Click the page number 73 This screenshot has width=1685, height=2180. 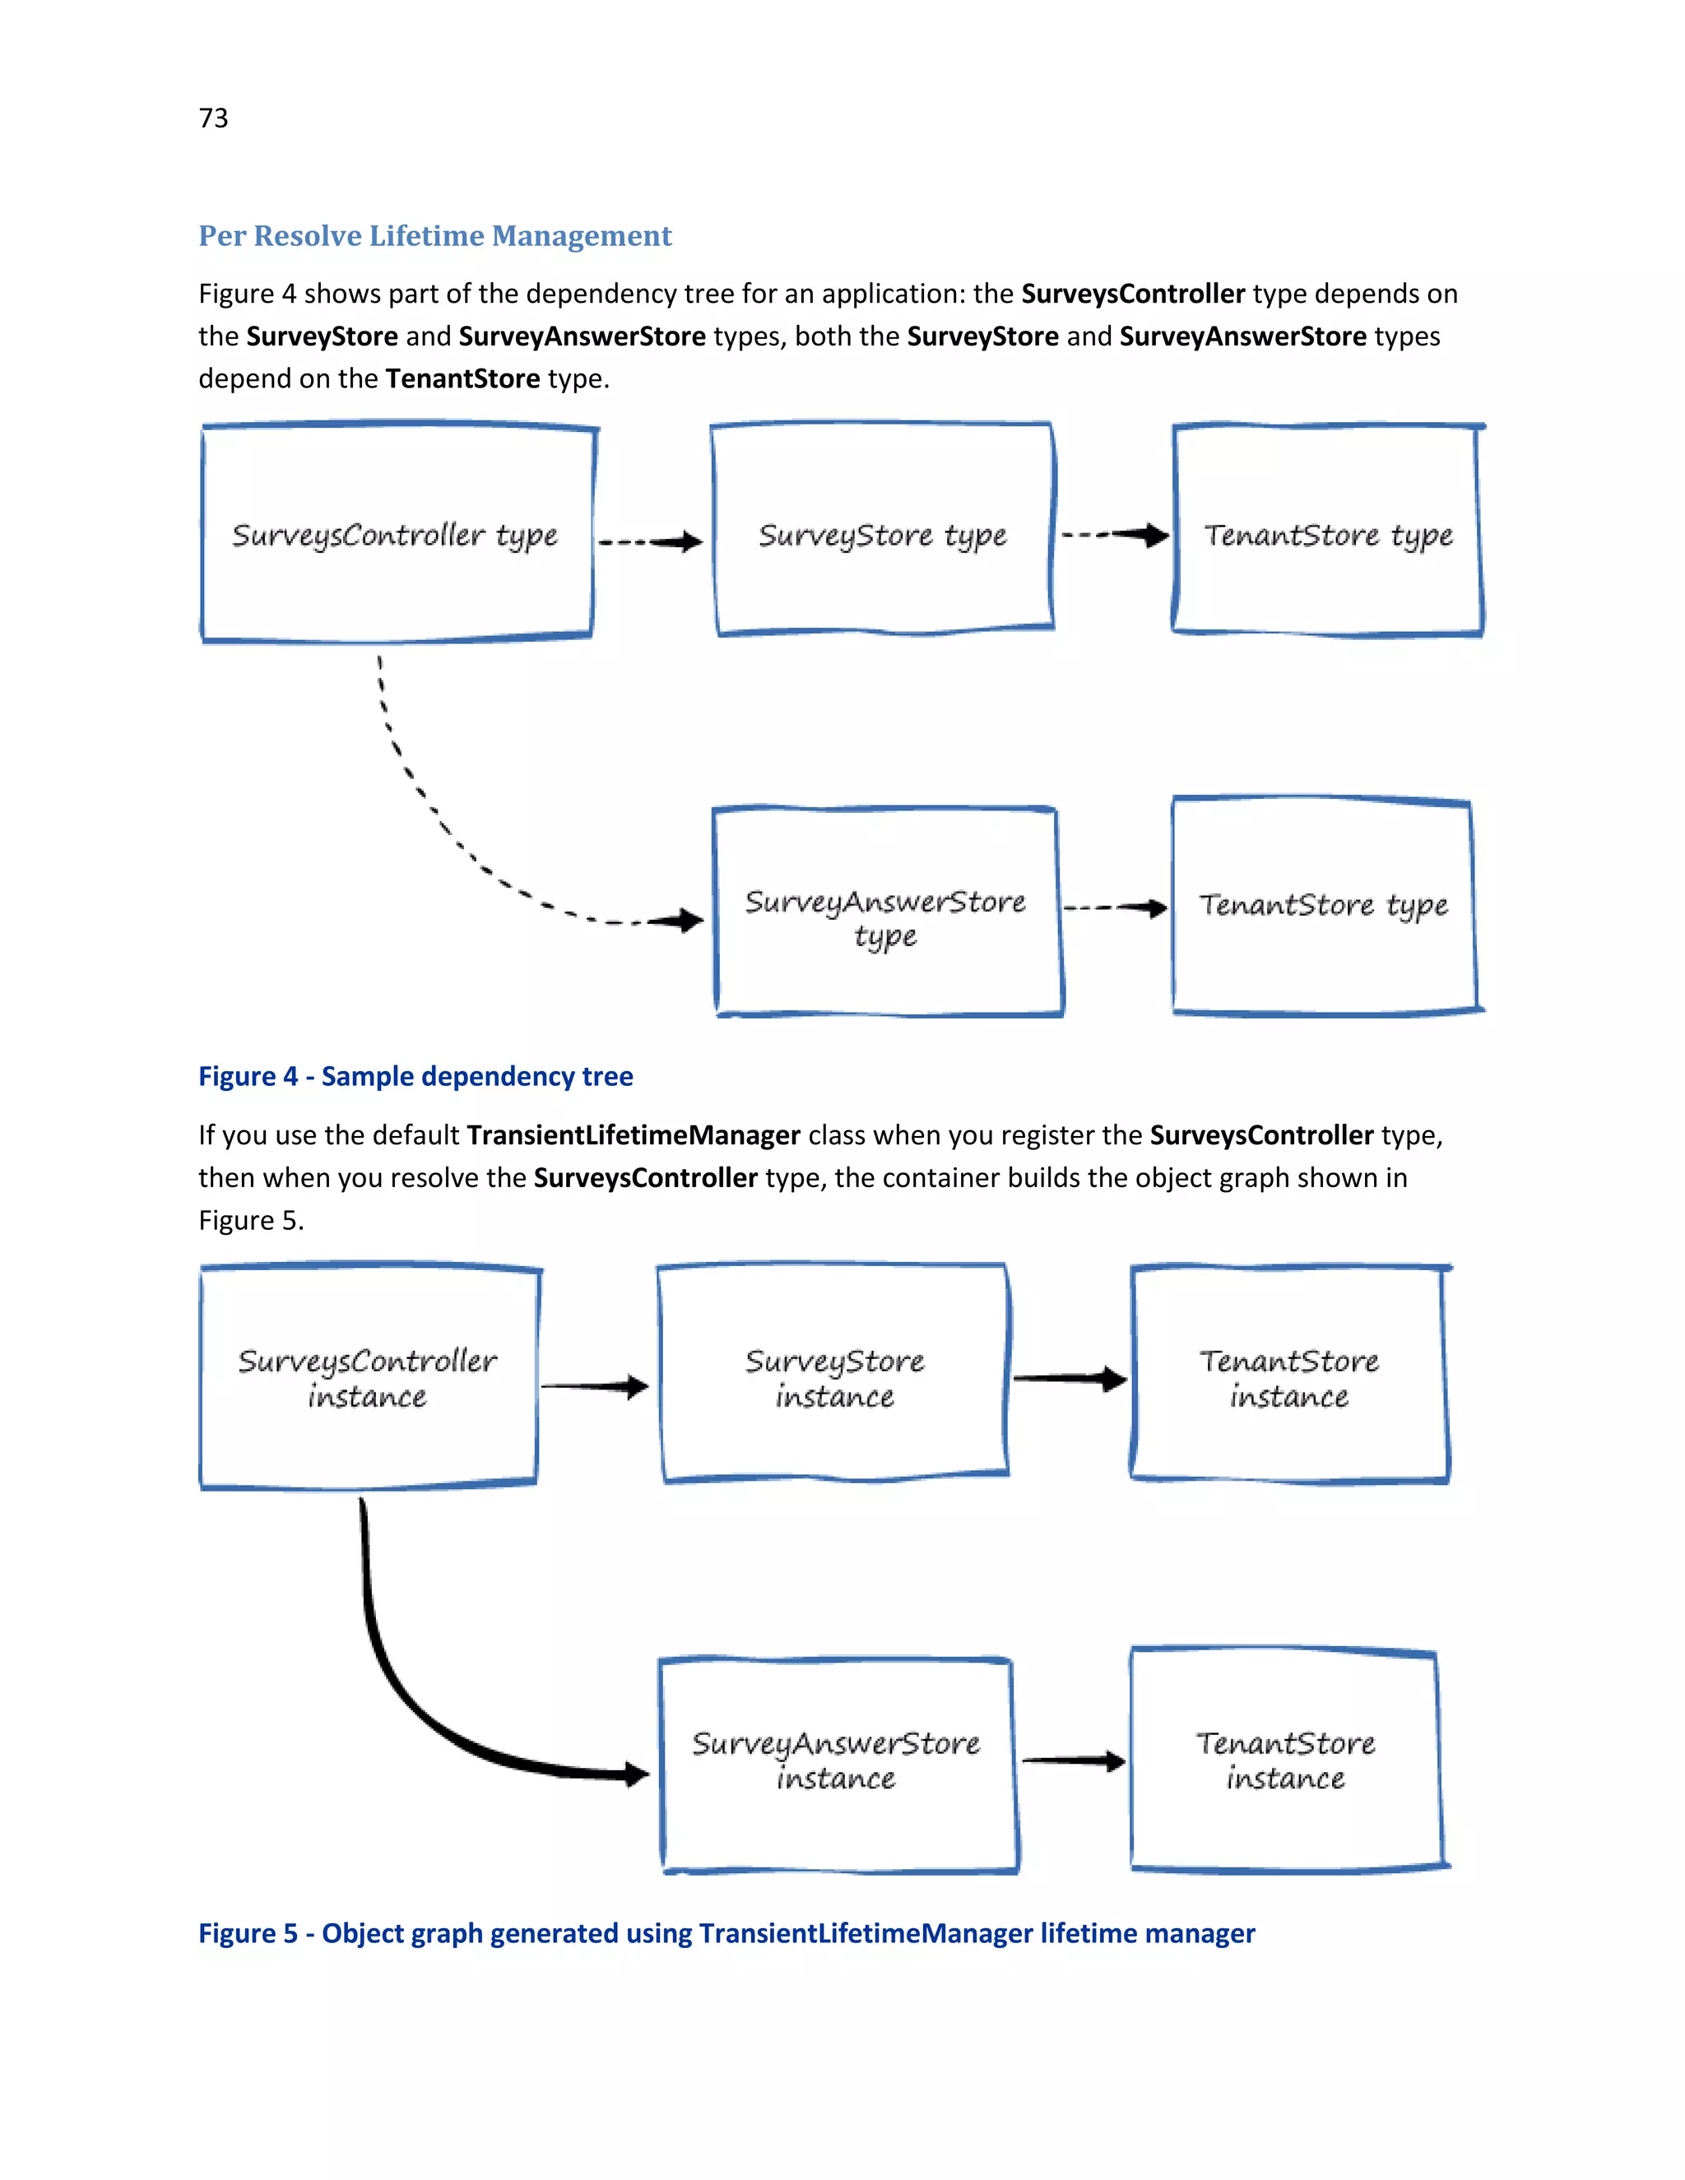coord(214,118)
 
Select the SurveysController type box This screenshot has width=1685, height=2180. coord(397,534)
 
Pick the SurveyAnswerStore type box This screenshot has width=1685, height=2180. coord(886,913)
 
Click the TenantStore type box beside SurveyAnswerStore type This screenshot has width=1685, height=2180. coord(1323,907)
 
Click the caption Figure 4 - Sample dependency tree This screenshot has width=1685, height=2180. coord(415,1076)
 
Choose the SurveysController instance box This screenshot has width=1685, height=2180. coord(369,1377)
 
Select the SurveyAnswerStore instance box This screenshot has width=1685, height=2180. coord(837,1762)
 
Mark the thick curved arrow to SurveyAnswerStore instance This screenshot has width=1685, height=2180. coord(399,1687)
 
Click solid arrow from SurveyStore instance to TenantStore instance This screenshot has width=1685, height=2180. coord(1068,1379)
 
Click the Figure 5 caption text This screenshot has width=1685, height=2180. coord(726,1933)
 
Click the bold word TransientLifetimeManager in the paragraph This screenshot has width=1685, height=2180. coord(633,1135)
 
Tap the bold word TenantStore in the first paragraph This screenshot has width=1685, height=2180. coord(462,378)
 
